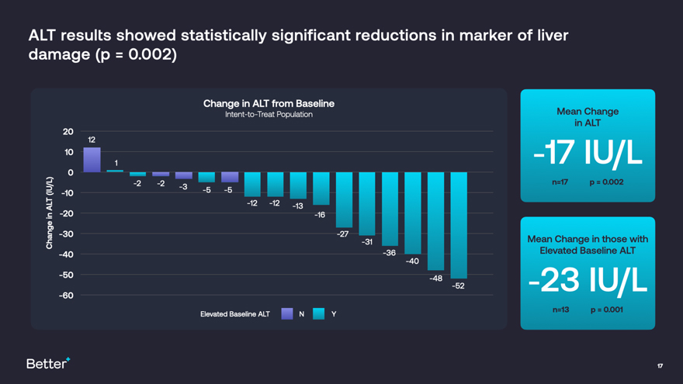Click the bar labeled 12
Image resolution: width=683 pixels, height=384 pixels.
(x=92, y=160)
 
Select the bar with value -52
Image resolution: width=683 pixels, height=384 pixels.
(x=459, y=225)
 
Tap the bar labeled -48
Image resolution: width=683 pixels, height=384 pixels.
(x=435, y=221)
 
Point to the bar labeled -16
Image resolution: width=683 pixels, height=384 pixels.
(x=321, y=189)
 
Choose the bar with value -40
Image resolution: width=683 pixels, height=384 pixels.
(x=412, y=213)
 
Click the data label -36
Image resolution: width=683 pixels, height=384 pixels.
(x=390, y=253)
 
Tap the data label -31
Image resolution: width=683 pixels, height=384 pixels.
(x=366, y=242)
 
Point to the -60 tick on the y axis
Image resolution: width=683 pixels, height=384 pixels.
(x=66, y=295)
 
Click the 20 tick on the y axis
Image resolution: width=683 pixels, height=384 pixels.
(x=68, y=131)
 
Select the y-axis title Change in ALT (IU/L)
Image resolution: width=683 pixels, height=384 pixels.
(x=50, y=213)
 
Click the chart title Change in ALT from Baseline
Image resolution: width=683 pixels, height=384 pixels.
(x=269, y=103)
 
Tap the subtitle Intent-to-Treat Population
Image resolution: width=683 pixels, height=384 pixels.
(x=269, y=115)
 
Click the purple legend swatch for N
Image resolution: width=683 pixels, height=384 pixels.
(x=286, y=313)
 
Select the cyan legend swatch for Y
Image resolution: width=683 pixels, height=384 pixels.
(x=318, y=313)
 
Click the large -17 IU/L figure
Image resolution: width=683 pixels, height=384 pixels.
(x=588, y=154)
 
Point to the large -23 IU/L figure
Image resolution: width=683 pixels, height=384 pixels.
(x=588, y=282)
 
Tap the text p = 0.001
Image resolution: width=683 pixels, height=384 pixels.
(x=606, y=310)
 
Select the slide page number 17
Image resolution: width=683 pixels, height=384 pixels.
(x=660, y=365)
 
